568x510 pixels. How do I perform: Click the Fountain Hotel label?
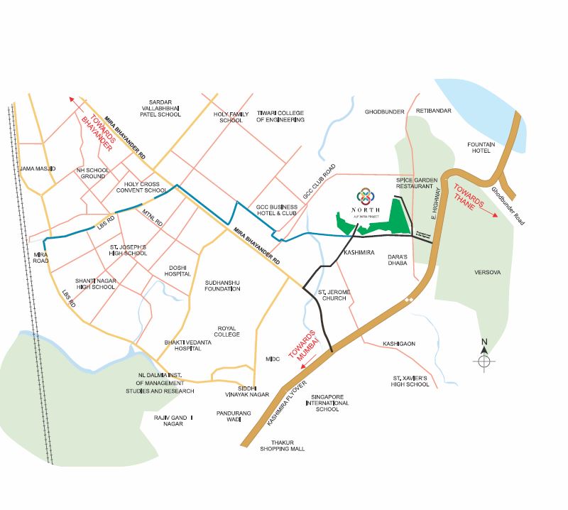pos(480,147)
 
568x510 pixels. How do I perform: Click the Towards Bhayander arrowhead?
pos(72,100)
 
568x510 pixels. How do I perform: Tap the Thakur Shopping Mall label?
pos(282,445)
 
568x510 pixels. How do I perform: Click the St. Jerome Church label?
pos(332,295)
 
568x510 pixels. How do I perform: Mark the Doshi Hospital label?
pos(178,271)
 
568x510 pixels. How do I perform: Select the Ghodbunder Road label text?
pos(526,205)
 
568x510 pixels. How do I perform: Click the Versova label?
pos(488,272)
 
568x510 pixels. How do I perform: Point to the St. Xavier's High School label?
pos(410,381)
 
